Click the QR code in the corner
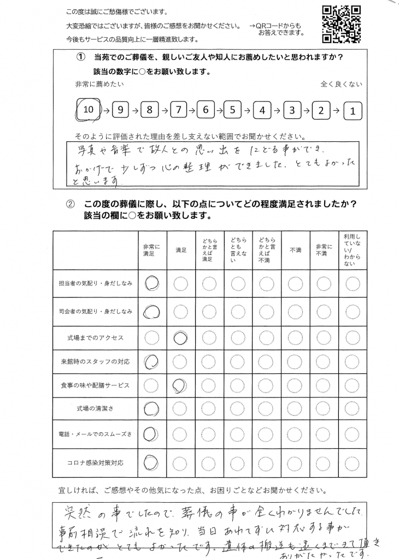(341, 23)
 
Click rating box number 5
(233, 110)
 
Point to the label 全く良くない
(341, 85)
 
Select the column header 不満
(295, 250)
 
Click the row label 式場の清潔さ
(95, 408)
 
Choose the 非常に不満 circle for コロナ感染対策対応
(324, 463)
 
